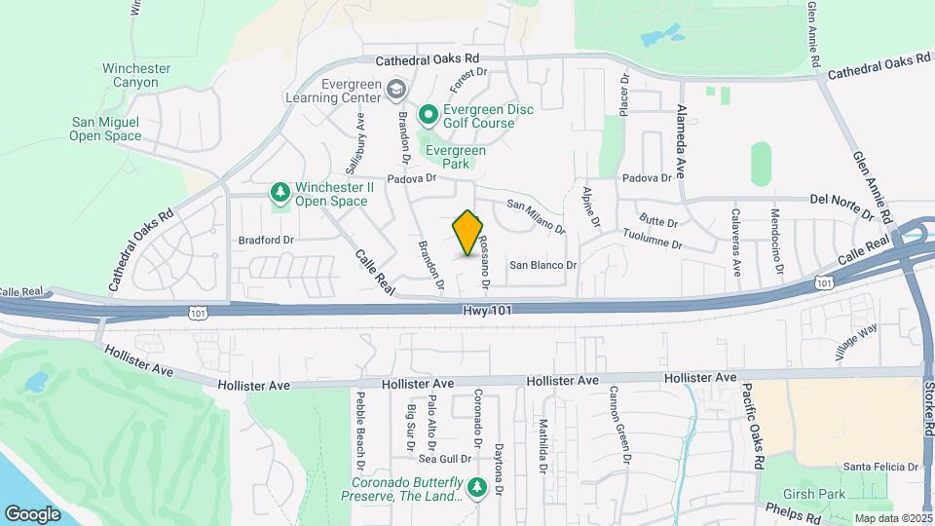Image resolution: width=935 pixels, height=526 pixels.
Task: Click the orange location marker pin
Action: click(x=468, y=233)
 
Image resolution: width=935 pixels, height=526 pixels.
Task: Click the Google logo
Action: click(x=32, y=513)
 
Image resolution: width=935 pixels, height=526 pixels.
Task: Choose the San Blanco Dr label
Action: click(x=543, y=264)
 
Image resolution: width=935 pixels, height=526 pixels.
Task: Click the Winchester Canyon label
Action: click(x=136, y=76)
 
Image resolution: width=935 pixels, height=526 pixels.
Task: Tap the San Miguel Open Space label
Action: click(x=105, y=129)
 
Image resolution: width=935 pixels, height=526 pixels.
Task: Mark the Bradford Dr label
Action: click(x=266, y=239)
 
